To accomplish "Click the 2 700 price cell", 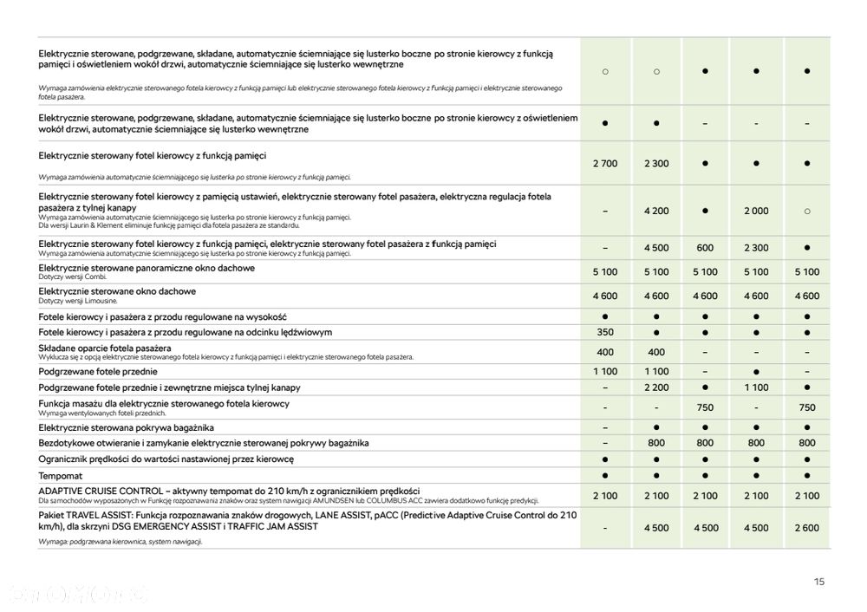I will coord(605,164).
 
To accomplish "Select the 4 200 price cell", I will coord(656,211).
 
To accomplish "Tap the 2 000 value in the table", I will coord(756,211).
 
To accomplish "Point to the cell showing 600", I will coord(706,248).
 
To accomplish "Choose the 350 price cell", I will coord(605,333).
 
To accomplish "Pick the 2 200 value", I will coord(656,387).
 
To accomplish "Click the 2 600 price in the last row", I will coord(807,527).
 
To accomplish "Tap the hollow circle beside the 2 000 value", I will coord(807,211).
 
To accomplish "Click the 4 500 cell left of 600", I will coord(656,248).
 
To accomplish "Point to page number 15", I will coord(819,583).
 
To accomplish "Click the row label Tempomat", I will coord(60,477).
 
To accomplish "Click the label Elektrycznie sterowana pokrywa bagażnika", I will coord(126,427).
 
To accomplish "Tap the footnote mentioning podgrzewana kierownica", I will coord(121,541).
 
